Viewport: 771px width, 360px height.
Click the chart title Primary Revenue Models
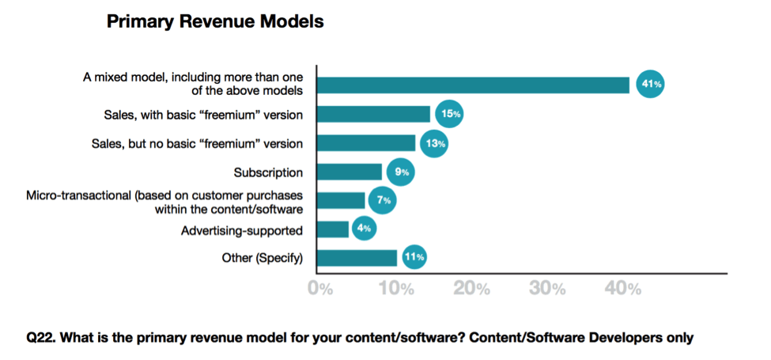(x=214, y=22)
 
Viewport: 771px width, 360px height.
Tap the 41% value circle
(x=651, y=85)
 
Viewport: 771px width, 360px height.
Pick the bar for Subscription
(x=350, y=172)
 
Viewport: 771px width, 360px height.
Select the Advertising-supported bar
(x=333, y=229)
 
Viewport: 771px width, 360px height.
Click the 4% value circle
(x=363, y=229)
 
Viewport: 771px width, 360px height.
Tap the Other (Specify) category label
(x=263, y=258)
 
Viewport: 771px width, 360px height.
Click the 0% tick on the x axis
(x=320, y=289)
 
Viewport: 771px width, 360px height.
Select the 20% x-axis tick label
(x=471, y=289)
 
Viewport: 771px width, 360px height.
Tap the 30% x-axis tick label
(x=547, y=289)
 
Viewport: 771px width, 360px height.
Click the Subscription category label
(x=268, y=172)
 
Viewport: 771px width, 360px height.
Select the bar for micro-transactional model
(x=341, y=200)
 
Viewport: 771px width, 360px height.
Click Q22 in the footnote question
(x=40, y=338)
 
